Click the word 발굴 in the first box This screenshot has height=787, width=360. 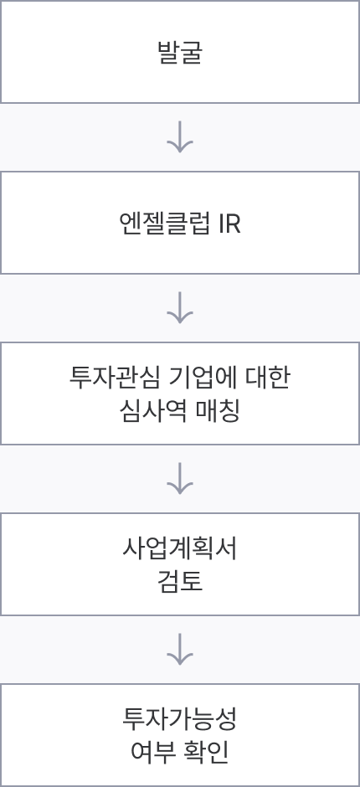180,52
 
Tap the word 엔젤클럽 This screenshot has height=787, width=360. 165,224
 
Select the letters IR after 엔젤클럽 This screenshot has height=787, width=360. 230,224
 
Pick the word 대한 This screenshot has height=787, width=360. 267,378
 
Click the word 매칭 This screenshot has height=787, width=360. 218,412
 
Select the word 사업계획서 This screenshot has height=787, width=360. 180,548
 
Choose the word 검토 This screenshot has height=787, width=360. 180,582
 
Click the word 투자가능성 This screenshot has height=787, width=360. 180,718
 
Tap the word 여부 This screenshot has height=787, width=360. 152,753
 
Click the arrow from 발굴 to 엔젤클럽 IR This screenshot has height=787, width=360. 180,136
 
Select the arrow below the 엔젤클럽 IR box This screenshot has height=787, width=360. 180,306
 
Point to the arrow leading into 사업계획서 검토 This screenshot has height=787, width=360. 180,477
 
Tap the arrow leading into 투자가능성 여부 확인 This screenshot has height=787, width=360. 180,648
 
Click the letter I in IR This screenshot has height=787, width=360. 221,224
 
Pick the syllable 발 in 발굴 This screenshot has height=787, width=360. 168,52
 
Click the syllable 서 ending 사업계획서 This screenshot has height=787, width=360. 226,548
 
